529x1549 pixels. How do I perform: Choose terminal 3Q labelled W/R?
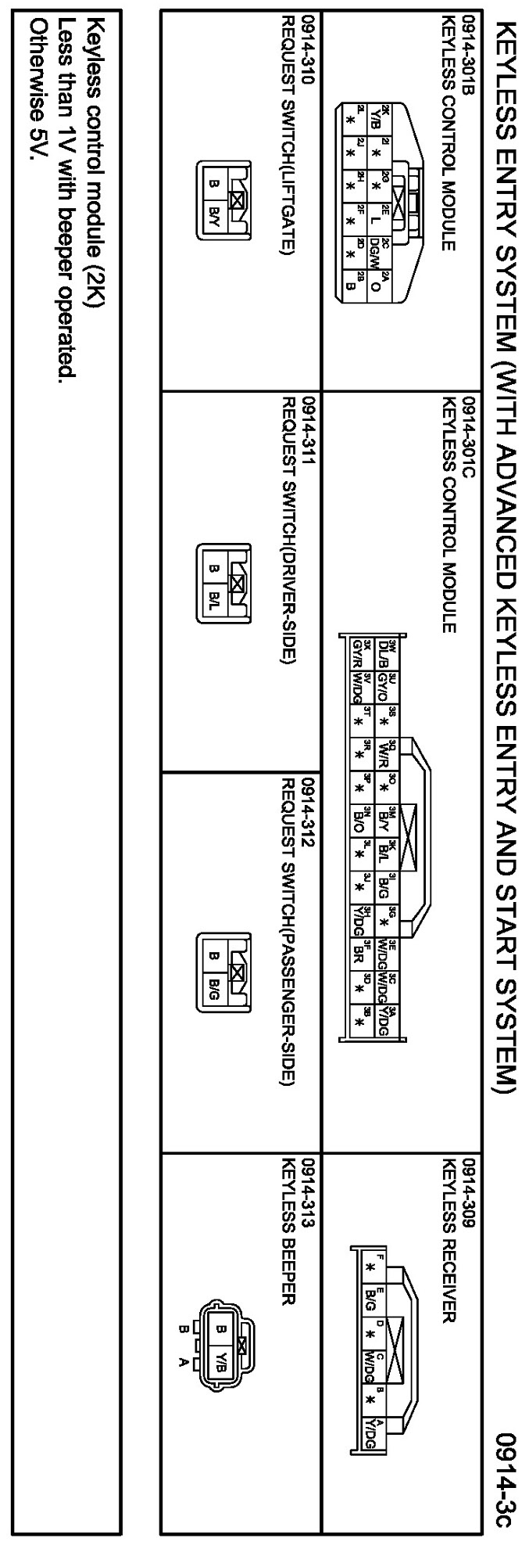(384, 755)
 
